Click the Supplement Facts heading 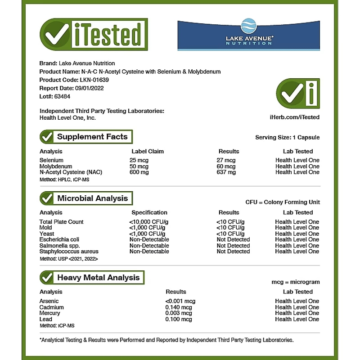click(92, 137)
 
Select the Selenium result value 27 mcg click(226, 160)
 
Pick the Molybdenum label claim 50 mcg click(139, 166)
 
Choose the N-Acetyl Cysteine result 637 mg click(226, 172)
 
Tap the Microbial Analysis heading click(92, 198)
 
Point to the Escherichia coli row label click(59, 240)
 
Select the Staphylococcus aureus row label click(69, 252)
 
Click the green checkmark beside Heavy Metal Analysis click(47, 278)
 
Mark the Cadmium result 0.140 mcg click(179, 307)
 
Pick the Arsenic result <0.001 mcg click(180, 301)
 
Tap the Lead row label click(46, 319)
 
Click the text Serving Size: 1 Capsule click(287, 137)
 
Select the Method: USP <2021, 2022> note click(68, 259)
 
